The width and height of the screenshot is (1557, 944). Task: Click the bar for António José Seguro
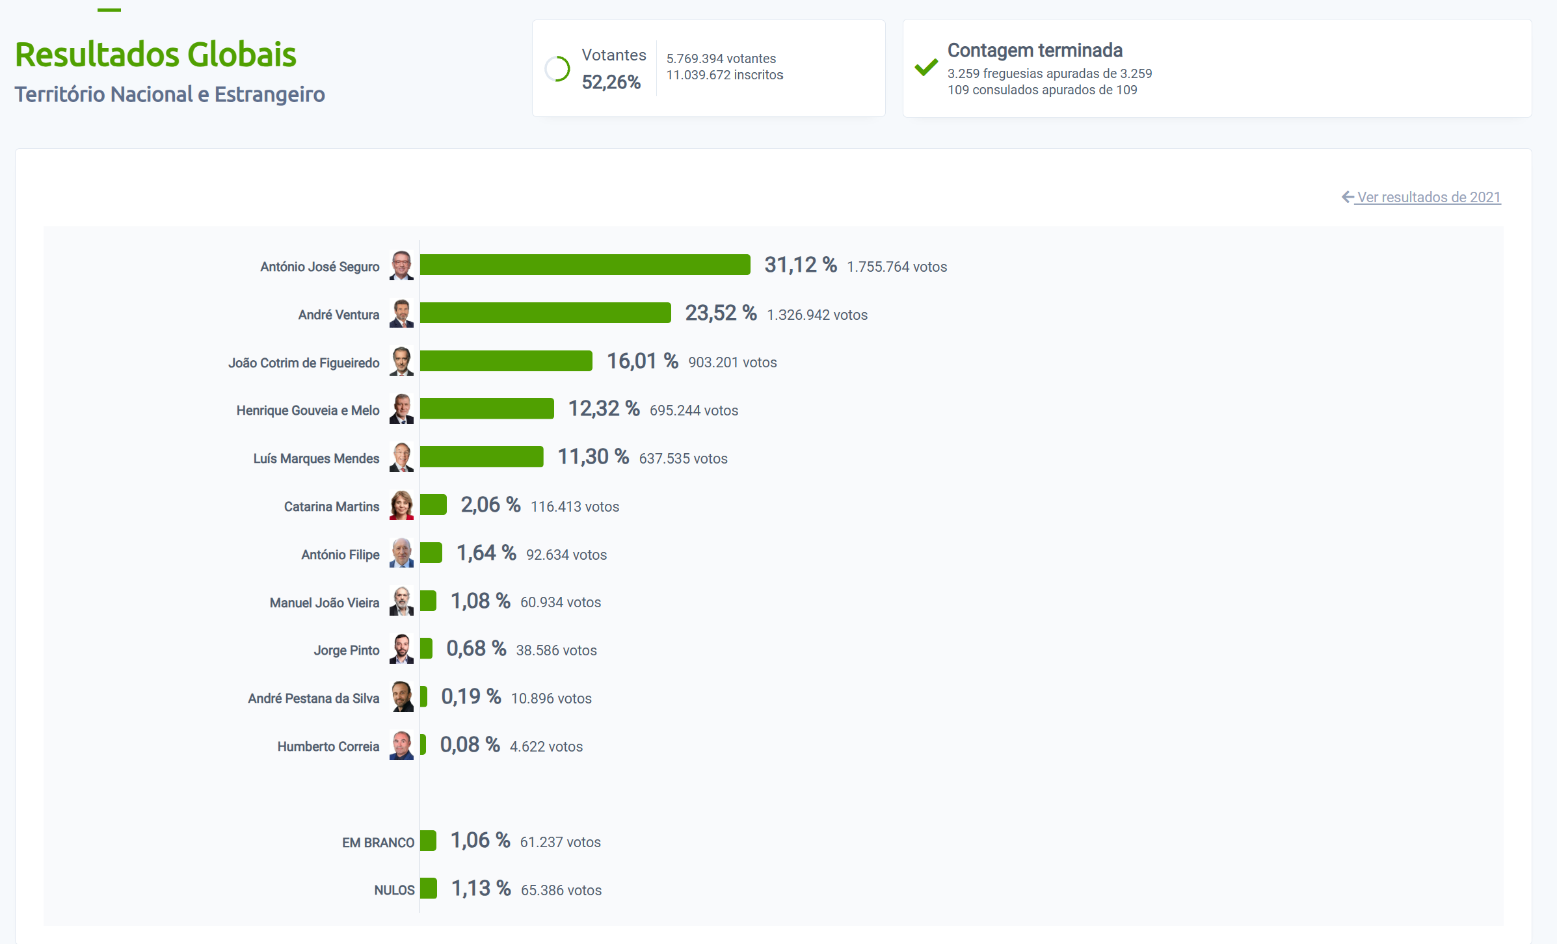coord(585,265)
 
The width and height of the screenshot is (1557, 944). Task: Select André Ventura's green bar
coord(545,313)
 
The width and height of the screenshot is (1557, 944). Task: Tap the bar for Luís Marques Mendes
coord(481,456)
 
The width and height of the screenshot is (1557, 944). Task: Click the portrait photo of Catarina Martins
coord(401,505)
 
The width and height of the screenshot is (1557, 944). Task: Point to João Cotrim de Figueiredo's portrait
coord(401,361)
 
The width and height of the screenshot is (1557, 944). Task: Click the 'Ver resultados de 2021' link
coord(1428,197)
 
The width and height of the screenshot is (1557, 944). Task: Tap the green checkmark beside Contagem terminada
coord(926,67)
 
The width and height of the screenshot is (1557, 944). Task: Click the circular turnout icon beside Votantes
coord(557,69)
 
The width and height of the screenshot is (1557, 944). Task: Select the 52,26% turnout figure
coord(611,83)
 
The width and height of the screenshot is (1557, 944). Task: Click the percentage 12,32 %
coord(604,409)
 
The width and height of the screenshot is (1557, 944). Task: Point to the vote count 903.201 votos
coord(732,363)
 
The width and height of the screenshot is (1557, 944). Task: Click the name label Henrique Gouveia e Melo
coord(308,410)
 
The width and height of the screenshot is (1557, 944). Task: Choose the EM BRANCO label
coord(378,843)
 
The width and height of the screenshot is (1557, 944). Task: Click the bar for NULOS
coord(428,888)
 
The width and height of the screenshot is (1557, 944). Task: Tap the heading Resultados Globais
coord(155,55)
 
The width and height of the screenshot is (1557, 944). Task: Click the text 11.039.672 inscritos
coord(725,75)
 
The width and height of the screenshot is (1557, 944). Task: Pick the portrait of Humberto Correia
coord(401,745)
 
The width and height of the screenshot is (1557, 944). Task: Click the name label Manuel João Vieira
coord(324,603)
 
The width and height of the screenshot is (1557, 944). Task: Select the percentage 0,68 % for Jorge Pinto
coord(475,649)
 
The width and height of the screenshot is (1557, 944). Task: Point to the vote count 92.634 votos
coord(566,555)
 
